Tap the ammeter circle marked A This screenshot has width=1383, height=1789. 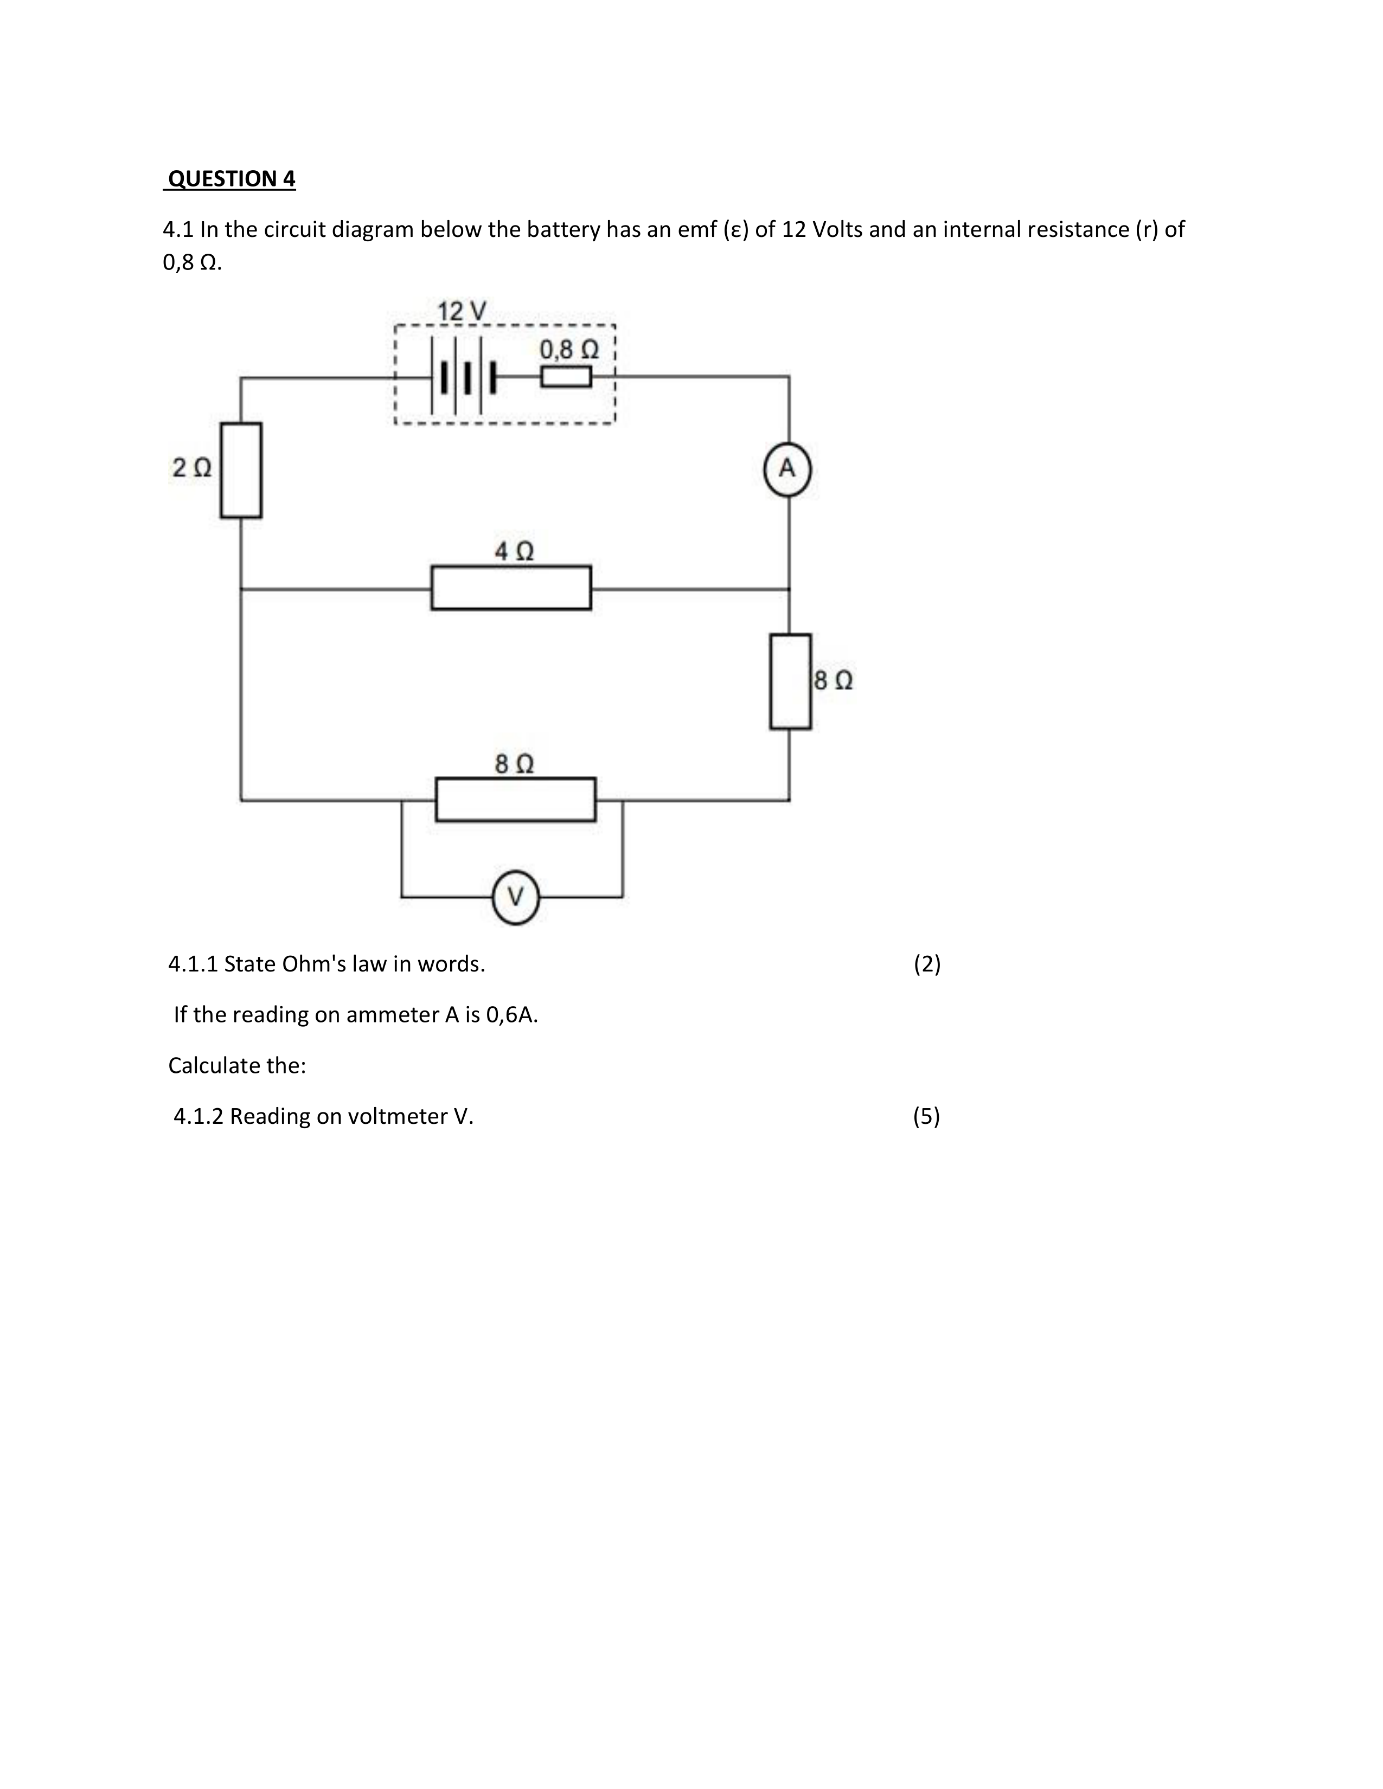click(787, 470)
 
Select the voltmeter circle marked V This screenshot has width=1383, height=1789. click(515, 898)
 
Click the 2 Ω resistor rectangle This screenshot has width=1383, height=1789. click(241, 470)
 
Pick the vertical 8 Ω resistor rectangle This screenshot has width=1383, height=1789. click(791, 681)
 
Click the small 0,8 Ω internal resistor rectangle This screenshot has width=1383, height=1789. click(565, 377)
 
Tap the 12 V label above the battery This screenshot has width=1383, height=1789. click(462, 311)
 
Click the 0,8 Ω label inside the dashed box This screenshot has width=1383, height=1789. click(568, 350)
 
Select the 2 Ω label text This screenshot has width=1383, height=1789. click(191, 468)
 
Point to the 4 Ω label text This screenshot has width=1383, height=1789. click(514, 551)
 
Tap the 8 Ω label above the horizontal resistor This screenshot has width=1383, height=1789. click(515, 764)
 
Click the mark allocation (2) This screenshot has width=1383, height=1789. click(927, 964)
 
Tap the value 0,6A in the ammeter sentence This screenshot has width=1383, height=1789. click(512, 1015)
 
